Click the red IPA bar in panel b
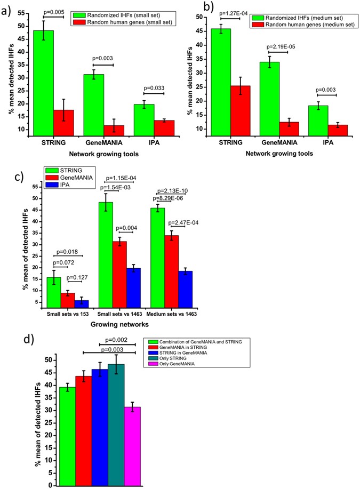(323, 134)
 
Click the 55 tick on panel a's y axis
(21, 11)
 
